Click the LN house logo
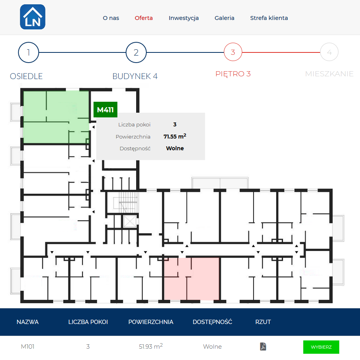coord(32,17)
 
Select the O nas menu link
coord(111,18)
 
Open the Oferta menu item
coord(144,18)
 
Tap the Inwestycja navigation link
coord(184,18)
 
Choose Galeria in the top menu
coord(224,18)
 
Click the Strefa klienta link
coord(269,18)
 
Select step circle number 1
coord(29,52)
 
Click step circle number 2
coord(136,52)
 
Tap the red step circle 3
coord(233,52)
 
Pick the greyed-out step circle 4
coord(329,52)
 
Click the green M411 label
coord(105,110)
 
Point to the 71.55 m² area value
coord(175,136)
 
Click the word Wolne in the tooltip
coord(175,148)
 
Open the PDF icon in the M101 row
coord(263,346)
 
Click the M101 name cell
coord(27,346)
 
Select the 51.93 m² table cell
coord(151,346)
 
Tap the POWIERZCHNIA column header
coord(151,322)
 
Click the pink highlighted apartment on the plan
coord(192,279)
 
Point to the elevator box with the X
coord(130,221)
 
